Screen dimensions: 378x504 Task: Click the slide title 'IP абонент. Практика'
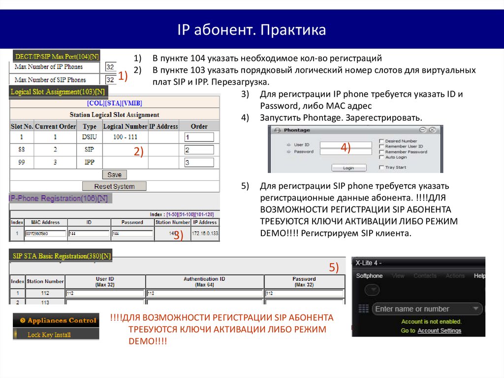click(252, 31)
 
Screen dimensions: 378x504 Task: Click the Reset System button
click(114, 186)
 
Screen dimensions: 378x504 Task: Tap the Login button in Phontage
click(348, 168)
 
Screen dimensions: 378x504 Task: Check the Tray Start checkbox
click(381, 168)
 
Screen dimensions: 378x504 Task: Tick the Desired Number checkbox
click(381, 141)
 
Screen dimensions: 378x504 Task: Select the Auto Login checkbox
click(381, 157)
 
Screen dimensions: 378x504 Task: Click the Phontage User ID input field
click(346, 145)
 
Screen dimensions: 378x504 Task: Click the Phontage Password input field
click(346, 152)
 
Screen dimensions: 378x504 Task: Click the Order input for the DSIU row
click(199, 137)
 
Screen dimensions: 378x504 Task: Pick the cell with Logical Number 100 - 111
click(125, 137)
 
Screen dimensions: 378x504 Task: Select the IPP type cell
click(90, 162)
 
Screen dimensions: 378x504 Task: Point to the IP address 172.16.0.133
click(205, 233)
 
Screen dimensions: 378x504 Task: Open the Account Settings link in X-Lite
click(439, 330)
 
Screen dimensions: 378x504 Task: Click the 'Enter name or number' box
click(426, 309)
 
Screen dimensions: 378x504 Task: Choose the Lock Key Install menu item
click(49, 335)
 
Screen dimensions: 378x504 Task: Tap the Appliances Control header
click(56, 320)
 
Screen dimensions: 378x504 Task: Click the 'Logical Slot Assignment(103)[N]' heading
click(58, 92)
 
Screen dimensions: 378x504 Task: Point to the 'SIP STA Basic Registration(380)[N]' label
click(61, 256)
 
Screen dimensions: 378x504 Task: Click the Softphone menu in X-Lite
click(369, 276)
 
